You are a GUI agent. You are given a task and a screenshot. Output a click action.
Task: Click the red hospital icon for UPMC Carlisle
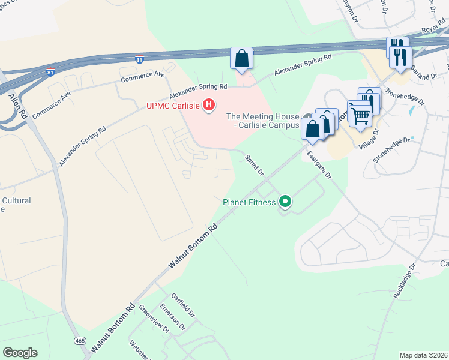[x=209, y=106]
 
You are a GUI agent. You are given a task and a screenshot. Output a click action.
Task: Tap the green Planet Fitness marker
[x=285, y=203]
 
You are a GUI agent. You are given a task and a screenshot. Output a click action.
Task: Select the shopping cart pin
[x=360, y=115]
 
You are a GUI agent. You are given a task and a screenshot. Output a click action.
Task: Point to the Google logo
[x=20, y=353]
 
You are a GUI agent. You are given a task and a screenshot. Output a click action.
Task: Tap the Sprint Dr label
[x=255, y=164]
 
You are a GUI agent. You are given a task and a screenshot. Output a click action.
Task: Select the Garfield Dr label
[x=183, y=305]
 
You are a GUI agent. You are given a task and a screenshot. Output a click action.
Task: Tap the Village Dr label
[x=369, y=139]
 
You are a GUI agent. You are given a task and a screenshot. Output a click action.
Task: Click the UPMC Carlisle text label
[x=173, y=106]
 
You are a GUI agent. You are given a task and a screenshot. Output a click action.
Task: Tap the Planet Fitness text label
[x=249, y=203]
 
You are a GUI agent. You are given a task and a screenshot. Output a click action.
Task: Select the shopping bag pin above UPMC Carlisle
[x=241, y=59]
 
